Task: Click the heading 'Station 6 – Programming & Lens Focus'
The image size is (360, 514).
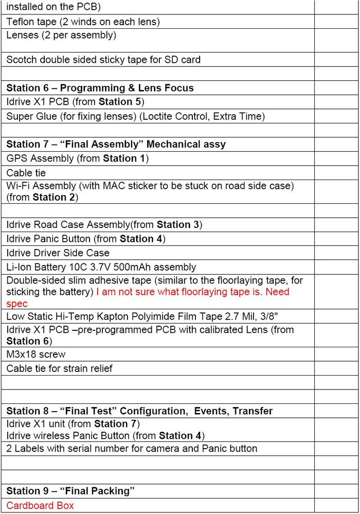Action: click(x=100, y=88)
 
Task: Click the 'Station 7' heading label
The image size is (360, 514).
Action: click(x=28, y=145)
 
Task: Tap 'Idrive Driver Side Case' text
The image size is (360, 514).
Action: click(x=58, y=253)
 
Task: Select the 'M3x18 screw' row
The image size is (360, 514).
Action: click(x=36, y=355)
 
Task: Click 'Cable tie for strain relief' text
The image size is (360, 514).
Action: click(x=59, y=368)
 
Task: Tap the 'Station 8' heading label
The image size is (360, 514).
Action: click(x=28, y=411)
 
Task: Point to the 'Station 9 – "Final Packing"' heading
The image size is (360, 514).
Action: click(x=70, y=491)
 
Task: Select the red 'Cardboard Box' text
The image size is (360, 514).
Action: click(x=40, y=505)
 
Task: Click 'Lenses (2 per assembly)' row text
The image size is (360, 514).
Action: click(x=61, y=36)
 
